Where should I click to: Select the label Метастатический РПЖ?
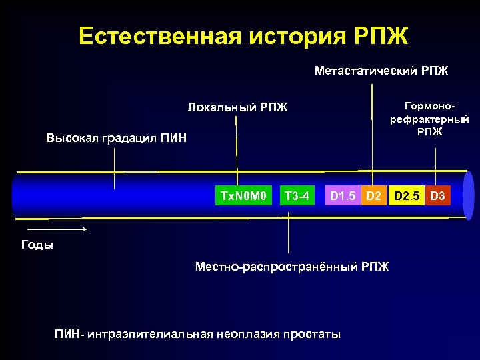click(x=381, y=70)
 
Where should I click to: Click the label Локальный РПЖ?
click(x=237, y=107)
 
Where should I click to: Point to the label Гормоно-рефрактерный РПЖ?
click(x=429, y=118)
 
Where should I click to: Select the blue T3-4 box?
click(x=297, y=196)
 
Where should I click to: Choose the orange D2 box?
click(x=374, y=196)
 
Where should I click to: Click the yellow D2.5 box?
click(x=407, y=196)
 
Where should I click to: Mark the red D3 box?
click(x=437, y=196)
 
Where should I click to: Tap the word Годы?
click(x=37, y=244)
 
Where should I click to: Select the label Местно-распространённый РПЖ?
click(x=291, y=267)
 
